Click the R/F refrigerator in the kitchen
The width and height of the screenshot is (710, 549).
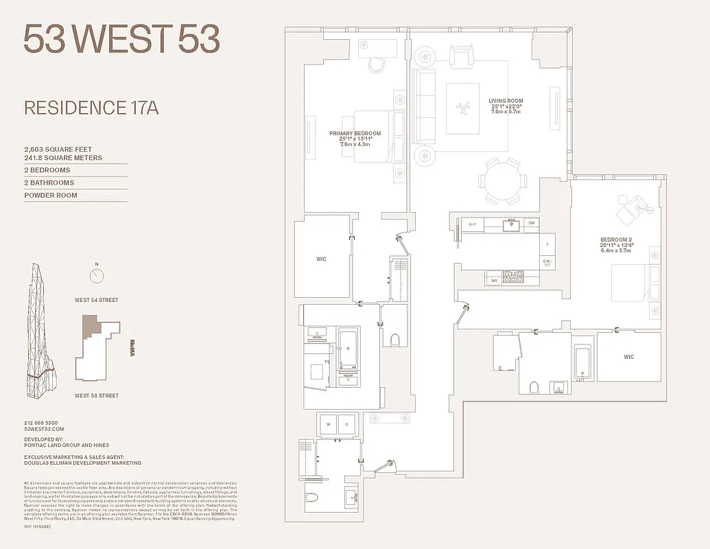point(473,224)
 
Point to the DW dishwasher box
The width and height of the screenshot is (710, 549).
point(531,223)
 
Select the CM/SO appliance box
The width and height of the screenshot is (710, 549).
point(547,262)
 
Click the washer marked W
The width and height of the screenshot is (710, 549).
point(327,425)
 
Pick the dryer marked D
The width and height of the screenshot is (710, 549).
point(346,425)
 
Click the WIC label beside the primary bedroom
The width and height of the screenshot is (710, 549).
point(321,259)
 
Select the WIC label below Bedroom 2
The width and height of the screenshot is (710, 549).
point(628,357)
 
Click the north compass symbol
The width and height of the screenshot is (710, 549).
point(97,276)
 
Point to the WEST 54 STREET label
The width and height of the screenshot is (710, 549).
point(97,300)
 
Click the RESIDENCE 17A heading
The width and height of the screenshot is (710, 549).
point(91,108)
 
